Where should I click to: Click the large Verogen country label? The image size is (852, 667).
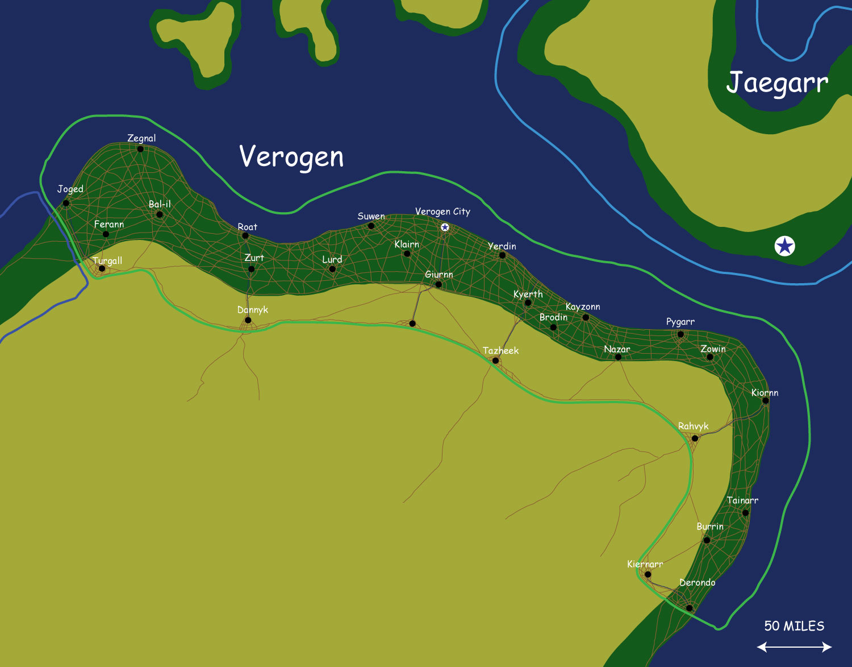pos(291,157)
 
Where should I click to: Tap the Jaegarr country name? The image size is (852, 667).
pos(777,83)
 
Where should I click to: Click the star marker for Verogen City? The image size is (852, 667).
pos(445,227)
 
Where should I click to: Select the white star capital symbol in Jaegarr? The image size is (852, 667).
pos(784,246)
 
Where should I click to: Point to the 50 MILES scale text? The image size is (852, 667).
pos(794,626)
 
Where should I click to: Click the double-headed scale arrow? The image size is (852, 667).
pos(794,647)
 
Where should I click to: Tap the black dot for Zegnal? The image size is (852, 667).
pos(140,149)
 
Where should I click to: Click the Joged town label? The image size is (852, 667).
pos(70,189)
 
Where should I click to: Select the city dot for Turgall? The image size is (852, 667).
pos(102,268)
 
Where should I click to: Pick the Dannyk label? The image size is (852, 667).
pos(253,310)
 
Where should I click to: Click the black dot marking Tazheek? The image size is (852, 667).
pos(495,361)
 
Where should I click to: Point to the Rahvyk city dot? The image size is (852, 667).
pos(695,438)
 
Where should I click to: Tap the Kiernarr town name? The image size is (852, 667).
pos(645,564)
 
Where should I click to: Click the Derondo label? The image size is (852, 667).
pos(698,583)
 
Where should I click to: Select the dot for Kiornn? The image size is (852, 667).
pos(765,401)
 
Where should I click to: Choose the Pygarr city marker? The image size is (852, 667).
pos(680,334)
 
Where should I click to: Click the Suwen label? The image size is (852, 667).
pos(371,217)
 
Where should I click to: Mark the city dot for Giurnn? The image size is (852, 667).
pos(438,284)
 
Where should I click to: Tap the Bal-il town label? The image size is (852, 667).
pos(160,204)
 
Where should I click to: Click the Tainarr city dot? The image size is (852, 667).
pos(745,513)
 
